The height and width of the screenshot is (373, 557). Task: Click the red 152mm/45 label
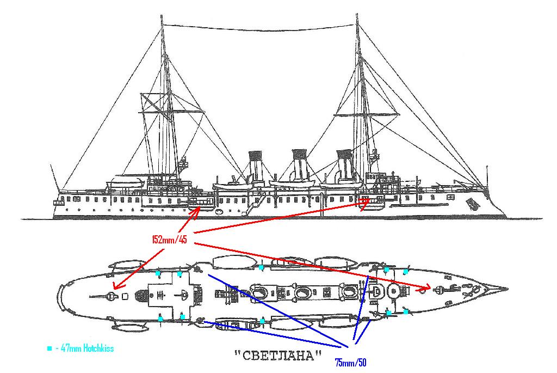pyautogui.click(x=170, y=240)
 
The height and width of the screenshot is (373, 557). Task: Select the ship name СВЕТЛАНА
pyautogui.click(x=277, y=356)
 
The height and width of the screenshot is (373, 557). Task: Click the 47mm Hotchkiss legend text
pyautogui.click(x=84, y=348)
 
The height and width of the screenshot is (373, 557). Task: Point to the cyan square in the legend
pyautogui.click(x=49, y=348)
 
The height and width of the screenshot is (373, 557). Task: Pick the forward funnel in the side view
pyautogui.click(x=344, y=167)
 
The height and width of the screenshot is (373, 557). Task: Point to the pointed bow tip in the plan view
pyautogui.click(x=506, y=288)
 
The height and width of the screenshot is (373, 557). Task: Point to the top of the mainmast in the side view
pyautogui.click(x=162, y=16)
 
